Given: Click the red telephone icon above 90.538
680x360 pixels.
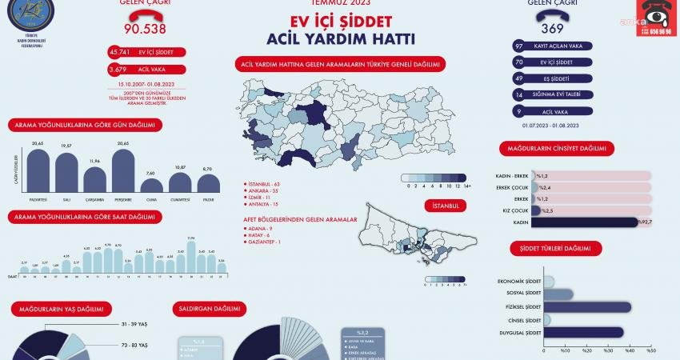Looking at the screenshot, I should coord(144,10).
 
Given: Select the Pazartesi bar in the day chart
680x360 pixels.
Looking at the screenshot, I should coord(38,170).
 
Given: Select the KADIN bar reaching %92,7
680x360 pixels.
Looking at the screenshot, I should coord(584,222).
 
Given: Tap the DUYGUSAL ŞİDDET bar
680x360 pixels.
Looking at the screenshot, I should coord(582,332).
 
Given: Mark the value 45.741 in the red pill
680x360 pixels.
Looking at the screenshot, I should coord(121,52).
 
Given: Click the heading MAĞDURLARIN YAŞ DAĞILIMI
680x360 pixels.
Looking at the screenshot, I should coord(61,308).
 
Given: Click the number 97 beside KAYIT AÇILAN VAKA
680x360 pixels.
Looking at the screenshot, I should coord(519,46).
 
